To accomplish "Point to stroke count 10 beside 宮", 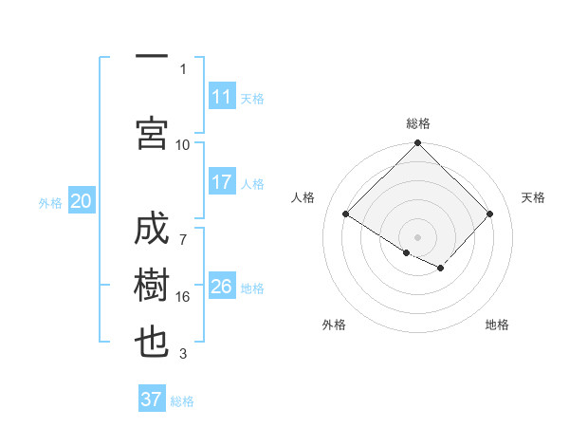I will click(183, 144).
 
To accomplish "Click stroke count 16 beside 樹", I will click(183, 297).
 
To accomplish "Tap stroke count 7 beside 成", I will click(183, 230).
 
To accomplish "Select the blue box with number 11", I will click(222, 97).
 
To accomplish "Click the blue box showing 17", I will click(222, 182).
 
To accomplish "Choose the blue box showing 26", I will click(222, 287).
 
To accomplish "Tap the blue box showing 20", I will click(82, 201).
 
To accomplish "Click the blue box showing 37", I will click(151, 400).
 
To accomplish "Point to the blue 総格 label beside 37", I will click(182, 401).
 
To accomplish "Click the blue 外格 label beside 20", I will click(50, 203).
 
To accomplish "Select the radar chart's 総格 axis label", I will click(417, 123).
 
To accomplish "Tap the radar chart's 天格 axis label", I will click(534, 197).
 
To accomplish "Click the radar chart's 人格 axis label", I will click(303, 197).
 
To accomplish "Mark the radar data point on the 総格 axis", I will click(417, 144).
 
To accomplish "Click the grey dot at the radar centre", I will click(417, 236).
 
